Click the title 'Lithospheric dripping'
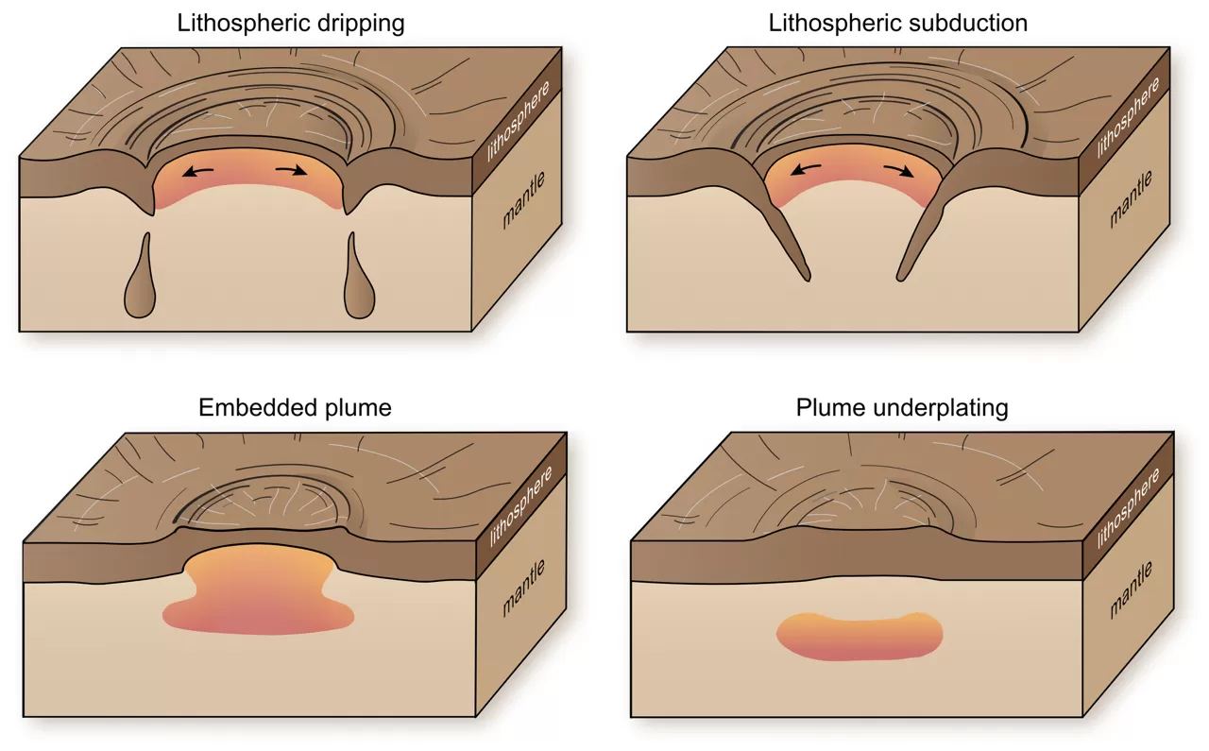tap(291, 24)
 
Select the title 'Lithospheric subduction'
tap(897, 24)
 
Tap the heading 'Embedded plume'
tap(295, 408)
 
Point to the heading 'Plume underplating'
tap(902, 408)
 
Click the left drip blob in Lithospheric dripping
tap(141, 287)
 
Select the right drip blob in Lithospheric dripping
tap(360, 287)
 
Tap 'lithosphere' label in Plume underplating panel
tap(1129, 510)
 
